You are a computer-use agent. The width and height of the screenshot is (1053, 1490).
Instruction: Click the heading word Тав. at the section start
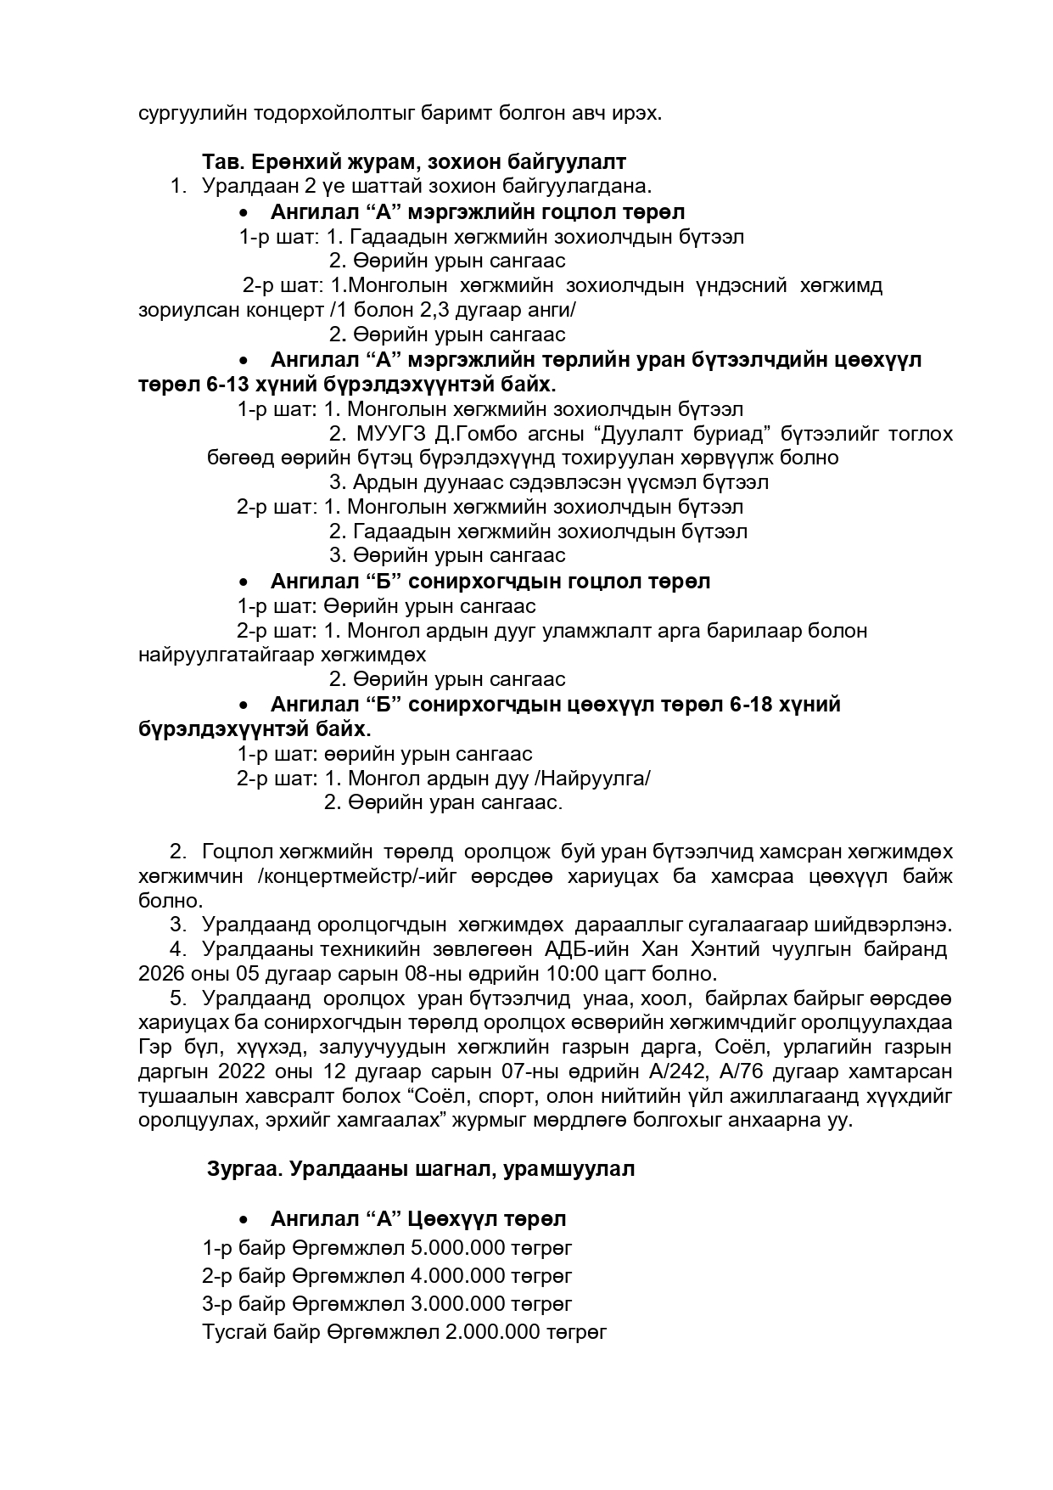(x=222, y=161)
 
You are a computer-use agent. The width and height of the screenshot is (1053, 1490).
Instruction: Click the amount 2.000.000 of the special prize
(x=492, y=1331)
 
